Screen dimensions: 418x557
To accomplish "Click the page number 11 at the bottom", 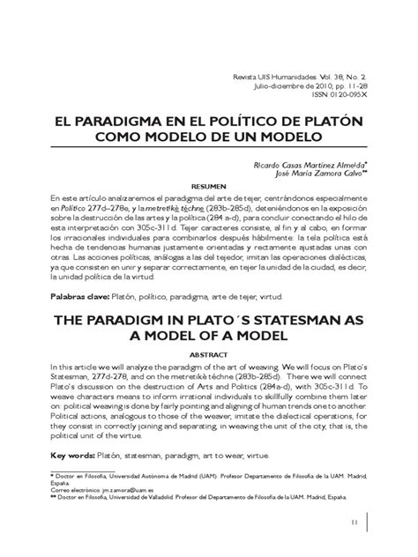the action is point(353,524).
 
